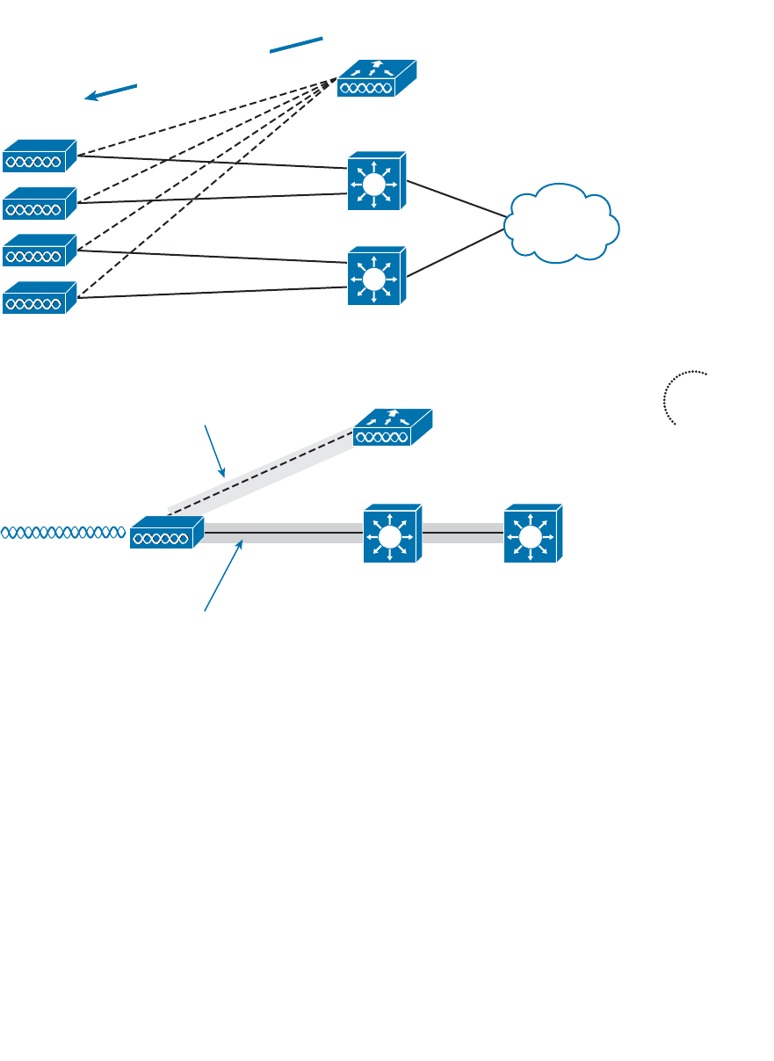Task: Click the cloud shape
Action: tap(562, 223)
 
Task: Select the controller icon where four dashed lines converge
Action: tap(378, 78)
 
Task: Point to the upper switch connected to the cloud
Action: tap(376, 181)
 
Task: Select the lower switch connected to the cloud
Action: tap(376, 276)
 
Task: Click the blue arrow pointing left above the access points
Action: tap(111, 92)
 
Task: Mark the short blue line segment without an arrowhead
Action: tap(297, 46)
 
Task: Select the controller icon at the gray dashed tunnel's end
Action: tap(392, 429)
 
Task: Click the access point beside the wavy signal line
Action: tap(166, 533)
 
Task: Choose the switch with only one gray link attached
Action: tap(532, 534)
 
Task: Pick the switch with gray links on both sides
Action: tap(392, 534)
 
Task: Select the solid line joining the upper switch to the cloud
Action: tap(457, 199)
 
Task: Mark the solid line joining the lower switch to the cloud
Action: tap(457, 252)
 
